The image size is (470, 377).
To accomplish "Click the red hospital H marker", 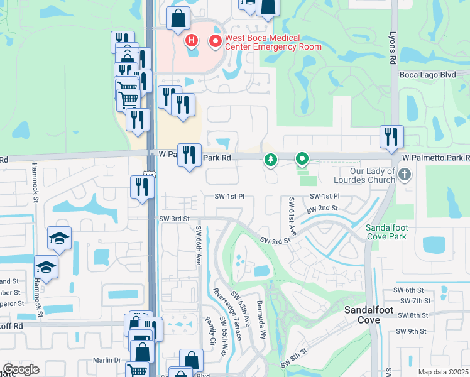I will point(192,41).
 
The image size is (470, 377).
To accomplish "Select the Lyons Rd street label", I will point(394,47).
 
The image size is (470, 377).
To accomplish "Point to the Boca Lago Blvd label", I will point(427,74).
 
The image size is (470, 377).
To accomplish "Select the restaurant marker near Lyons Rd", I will point(391,136).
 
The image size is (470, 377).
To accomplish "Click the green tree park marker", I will point(271,160).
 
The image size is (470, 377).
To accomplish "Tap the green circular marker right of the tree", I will point(302,160).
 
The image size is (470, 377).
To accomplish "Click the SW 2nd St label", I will point(322,209).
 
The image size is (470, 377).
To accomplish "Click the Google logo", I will point(21,369).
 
